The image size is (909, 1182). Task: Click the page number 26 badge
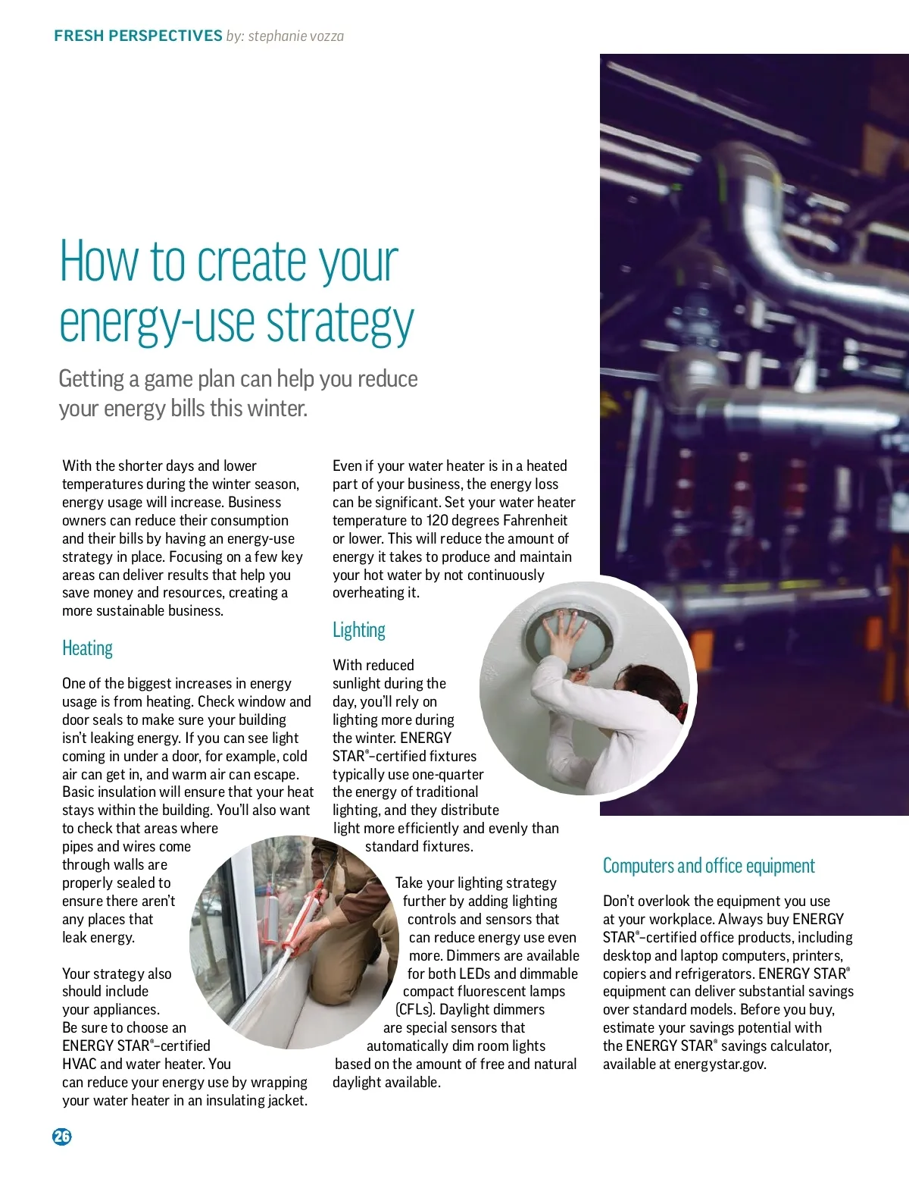coord(62,1136)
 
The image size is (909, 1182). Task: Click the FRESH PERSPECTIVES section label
coord(138,36)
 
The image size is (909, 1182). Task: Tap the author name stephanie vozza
coord(295,36)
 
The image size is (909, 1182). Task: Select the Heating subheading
coord(87,648)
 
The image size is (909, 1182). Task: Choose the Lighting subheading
coord(358,630)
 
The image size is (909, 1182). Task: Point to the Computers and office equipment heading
coord(708,866)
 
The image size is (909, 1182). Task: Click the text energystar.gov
coord(725,1064)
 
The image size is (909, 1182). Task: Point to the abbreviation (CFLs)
coord(415,1009)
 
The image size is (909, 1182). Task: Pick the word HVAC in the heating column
coord(79,1064)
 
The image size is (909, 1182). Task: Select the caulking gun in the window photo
coord(303,933)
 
